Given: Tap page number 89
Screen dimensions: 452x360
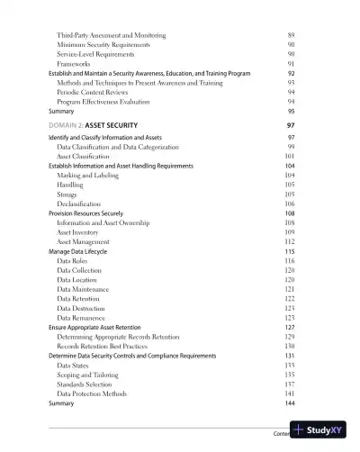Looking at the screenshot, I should (291, 33).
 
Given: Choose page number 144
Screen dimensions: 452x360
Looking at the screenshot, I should (289, 403).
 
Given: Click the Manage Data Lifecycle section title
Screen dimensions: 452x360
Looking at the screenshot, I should (84, 251).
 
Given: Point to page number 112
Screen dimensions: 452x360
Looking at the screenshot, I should (290, 242).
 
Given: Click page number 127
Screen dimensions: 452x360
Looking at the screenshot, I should (290, 328).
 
